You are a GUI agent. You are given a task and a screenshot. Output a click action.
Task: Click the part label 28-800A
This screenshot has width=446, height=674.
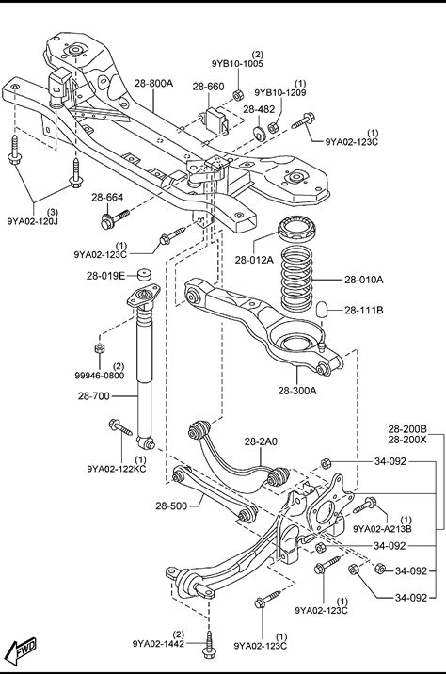[153, 83]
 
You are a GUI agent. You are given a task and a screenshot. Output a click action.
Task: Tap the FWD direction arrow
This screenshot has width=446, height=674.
[23, 650]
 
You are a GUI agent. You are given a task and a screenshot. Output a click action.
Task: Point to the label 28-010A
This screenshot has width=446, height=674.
[363, 280]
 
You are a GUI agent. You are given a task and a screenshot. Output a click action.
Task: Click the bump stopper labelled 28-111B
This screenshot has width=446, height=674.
[322, 310]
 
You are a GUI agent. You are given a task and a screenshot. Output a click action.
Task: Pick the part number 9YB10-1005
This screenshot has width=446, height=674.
[237, 64]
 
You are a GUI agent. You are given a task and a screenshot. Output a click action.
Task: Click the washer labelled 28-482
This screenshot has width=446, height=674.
[260, 134]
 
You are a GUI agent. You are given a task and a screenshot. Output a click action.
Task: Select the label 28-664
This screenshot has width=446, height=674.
[107, 198]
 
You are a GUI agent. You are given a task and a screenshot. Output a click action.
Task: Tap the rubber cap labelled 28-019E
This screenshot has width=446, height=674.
[145, 275]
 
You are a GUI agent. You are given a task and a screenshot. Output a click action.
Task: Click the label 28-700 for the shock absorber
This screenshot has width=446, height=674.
[94, 396]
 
